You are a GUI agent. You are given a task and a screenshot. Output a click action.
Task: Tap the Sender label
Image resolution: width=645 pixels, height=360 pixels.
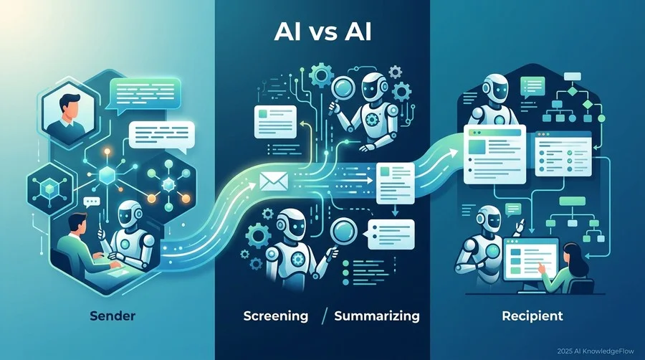(x=113, y=316)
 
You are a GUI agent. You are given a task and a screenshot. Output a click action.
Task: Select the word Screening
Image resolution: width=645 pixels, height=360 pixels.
(x=276, y=316)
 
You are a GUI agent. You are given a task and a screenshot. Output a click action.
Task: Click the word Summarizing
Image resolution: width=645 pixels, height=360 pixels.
(x=377, y=316)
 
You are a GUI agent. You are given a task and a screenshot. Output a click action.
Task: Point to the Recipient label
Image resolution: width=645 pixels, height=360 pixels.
(x=532, y=316)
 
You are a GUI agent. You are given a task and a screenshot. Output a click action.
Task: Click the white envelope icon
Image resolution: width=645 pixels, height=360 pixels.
(x=274, y=181)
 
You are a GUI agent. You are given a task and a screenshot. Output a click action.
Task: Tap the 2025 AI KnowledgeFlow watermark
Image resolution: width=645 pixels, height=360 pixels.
(x=596, y=351)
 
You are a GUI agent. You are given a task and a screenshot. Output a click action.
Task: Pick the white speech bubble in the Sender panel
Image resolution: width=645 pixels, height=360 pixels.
(x=162, y=136)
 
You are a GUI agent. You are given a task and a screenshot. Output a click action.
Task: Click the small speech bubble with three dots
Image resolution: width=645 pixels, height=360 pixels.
(x=91, y=202)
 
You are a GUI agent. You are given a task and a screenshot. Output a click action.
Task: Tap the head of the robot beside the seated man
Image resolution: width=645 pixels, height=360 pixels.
(x=130, y=214)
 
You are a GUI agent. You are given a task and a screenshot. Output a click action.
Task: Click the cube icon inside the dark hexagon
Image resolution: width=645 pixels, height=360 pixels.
(x=49, y=189)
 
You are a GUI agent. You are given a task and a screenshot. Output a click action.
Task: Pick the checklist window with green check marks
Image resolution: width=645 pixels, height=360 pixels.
(x=563, y=153)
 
